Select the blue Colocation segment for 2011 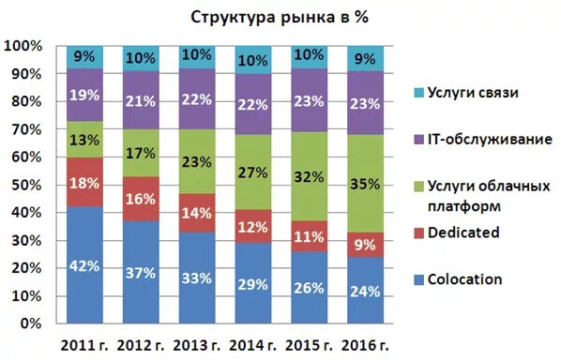[x=84, y=265]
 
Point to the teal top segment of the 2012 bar [x=140, y=57]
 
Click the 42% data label [x=84, y=266]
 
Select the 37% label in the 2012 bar [x=140, y=273]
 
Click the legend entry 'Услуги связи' [x=475, y=92]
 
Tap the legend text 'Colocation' [x=466, y=278]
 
